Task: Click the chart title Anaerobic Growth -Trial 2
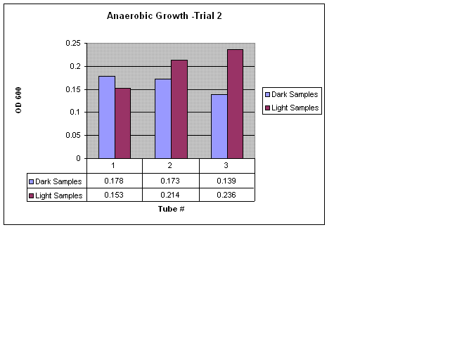(164, 15)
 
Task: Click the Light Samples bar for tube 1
(122, 123)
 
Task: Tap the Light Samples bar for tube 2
(179, 109)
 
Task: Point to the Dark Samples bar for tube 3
(219, 126)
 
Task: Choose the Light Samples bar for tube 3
(235, 103)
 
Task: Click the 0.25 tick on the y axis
(73, 44)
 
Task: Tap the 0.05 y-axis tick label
(73, 135)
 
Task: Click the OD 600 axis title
(19, 101)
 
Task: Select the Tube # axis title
(171, 209)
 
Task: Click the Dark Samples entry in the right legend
(295, 94)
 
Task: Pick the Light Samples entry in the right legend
(295, 108)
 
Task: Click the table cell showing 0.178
(114, 181)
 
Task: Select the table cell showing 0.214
(171, 195)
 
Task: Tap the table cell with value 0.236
(226, 195)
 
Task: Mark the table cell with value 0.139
(226, 181)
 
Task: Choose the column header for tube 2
(171, 166)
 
